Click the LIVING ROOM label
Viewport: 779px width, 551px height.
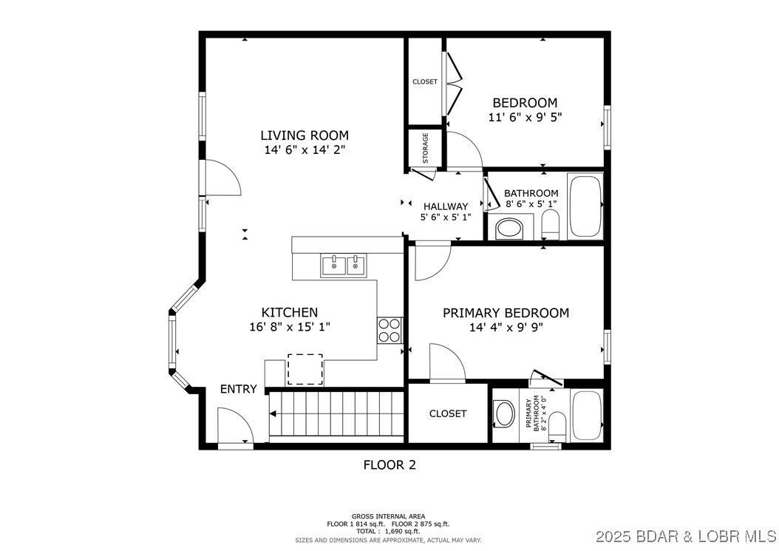point(304,135)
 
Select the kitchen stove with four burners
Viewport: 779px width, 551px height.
point(389,330)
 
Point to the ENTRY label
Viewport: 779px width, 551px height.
point(238,389)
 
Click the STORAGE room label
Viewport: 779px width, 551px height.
point(425,148)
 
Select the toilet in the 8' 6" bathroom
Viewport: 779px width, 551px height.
point(550,223)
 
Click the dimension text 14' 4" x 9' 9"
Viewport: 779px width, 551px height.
point(506,328)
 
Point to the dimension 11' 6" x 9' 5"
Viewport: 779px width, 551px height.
point(525,117)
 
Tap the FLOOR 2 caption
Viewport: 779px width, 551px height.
point(389,464)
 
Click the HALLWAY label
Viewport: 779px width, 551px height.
point(446,206)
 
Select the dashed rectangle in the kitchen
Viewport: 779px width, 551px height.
point(305,369)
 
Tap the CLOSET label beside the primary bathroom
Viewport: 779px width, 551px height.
point(448,413)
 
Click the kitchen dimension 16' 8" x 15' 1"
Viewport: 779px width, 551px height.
point(289,327)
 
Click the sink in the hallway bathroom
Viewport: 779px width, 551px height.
point(509,228)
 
